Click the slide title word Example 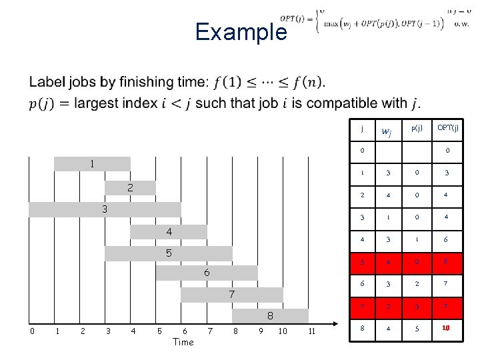(x=241, y=32)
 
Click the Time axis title (x=183, y=342)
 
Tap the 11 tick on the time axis (x=311, y=331)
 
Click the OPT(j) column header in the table (x=447, y=128)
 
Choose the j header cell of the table (x=361, y=128)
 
